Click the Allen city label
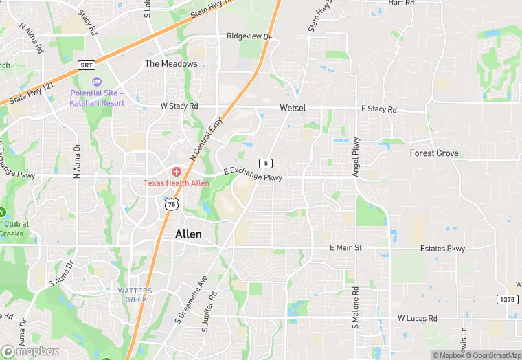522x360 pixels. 189,234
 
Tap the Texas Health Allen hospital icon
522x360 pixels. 176,171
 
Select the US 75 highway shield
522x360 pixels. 171,203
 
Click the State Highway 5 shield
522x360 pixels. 264,162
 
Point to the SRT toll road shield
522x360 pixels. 86,65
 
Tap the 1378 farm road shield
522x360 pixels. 506,299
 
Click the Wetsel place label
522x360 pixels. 293,109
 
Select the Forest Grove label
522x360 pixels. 434,153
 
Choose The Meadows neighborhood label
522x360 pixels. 171,64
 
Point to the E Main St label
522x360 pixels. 345,247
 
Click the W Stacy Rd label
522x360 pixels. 179,106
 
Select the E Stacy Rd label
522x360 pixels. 379,110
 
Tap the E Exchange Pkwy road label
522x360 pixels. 253,175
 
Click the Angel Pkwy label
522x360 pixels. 356,157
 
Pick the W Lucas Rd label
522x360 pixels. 418,319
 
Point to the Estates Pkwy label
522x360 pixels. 444,249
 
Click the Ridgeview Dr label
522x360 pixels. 249,36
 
